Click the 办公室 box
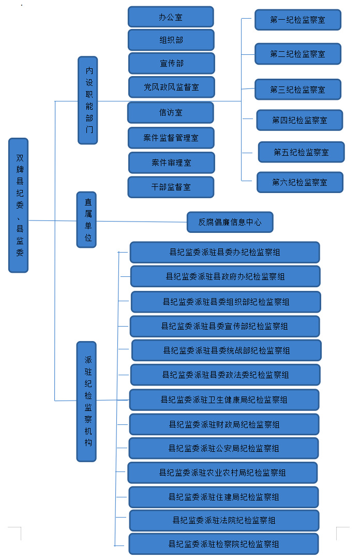[x=171, y=17]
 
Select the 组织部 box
[x=171, y=40]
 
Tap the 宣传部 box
[x=171, y=63]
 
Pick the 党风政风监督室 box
[x=171, y=87]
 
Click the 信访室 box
[x=171, y=112]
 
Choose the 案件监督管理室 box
[x=171, y=138]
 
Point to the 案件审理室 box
[x=172, y=163]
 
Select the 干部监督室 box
[x=171, y=187]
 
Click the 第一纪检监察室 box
[x=297, y=20]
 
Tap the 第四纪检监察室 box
[x=299, y=120]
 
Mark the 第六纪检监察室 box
[x=299, y=182]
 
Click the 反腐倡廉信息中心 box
[x=230, y=222]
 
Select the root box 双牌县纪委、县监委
[x=19, y=205]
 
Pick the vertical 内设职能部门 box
[x=88, y=100]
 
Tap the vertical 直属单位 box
[x=87, y=219]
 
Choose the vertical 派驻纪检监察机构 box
[x=86, y=401]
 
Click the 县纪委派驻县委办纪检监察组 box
[x=224, y=252]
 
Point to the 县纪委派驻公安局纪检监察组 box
[x=223, y=448]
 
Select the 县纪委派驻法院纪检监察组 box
[x=223, y=520]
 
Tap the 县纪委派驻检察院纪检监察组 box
[x=223, y=544]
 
